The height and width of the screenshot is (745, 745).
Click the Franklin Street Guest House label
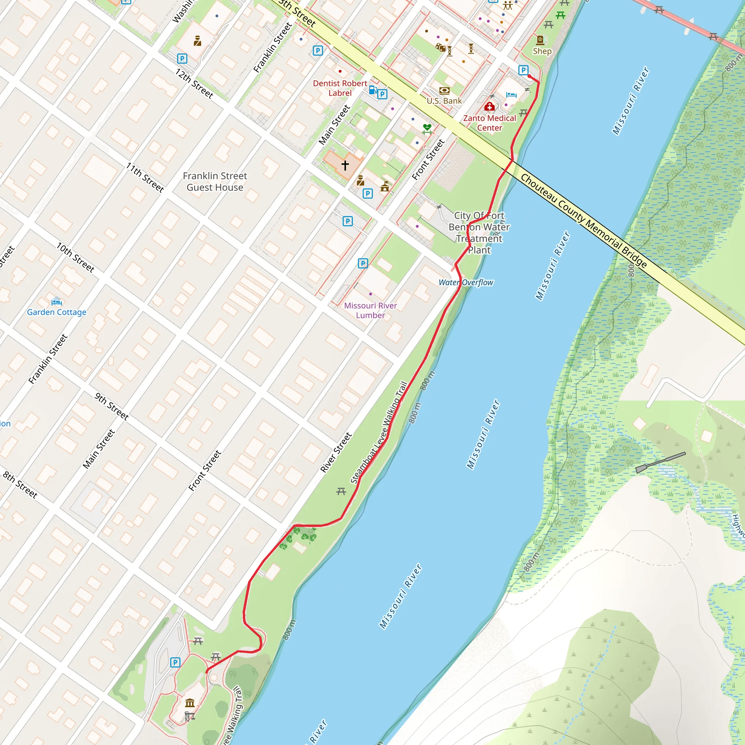(215, 182)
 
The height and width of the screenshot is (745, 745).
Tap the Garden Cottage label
(57, 312)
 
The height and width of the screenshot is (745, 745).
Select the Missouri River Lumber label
(370, 310)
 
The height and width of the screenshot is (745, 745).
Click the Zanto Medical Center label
(489, 123)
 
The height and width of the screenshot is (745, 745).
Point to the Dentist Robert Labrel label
(340, 88)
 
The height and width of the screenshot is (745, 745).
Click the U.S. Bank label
(444, 101)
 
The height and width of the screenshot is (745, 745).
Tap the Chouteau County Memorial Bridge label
(583, 220)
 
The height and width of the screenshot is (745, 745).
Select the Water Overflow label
(466, 283)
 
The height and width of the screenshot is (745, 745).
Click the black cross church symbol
(345, 166)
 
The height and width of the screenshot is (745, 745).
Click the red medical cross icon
(489, 107)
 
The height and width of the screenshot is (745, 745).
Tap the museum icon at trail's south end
(190, 702)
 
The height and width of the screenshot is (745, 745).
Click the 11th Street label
(145, 178)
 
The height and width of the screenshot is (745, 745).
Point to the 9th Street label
(112, 406)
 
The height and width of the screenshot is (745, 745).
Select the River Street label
(336, 452)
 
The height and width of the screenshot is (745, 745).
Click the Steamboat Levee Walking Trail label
(379, 433)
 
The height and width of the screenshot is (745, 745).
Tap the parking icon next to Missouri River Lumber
(363, 263)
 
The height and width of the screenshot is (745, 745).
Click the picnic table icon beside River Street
(341, 491)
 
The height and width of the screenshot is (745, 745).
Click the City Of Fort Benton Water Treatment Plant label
(479, 233)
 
